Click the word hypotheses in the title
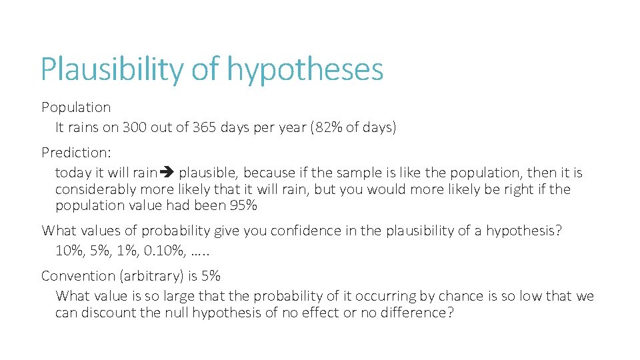(x=305, y=69)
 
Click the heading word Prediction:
(x=75, y=152)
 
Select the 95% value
(x=243, y=205)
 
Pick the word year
(x=291, y=127)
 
